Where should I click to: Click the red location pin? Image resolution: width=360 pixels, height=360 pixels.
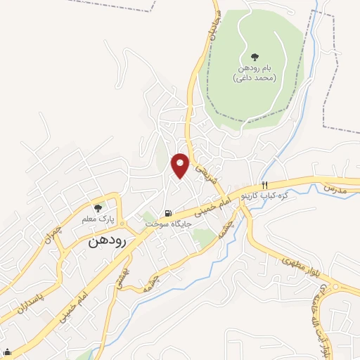[x=181, y=165]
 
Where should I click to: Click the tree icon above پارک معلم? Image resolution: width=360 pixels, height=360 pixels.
[x=98, y=207]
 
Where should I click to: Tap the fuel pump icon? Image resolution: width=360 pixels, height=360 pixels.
[x=167, y=213]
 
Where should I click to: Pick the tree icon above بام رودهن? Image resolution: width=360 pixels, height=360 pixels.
[x=255, y=56]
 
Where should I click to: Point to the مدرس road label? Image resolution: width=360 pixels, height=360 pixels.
[x=336, y=190]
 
